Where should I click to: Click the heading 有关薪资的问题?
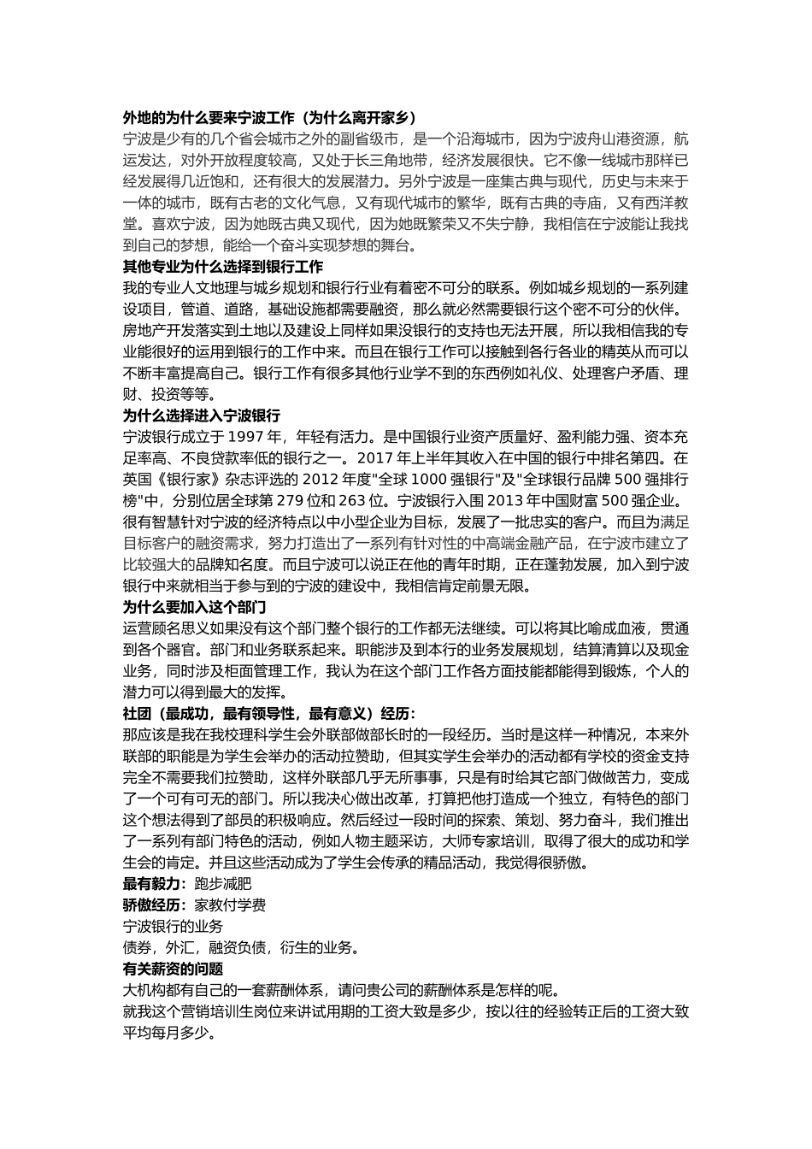click(x=174, y=969)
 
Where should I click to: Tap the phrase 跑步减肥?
click(x=223, y=884)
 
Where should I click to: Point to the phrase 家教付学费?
click(x=230, y=905)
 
